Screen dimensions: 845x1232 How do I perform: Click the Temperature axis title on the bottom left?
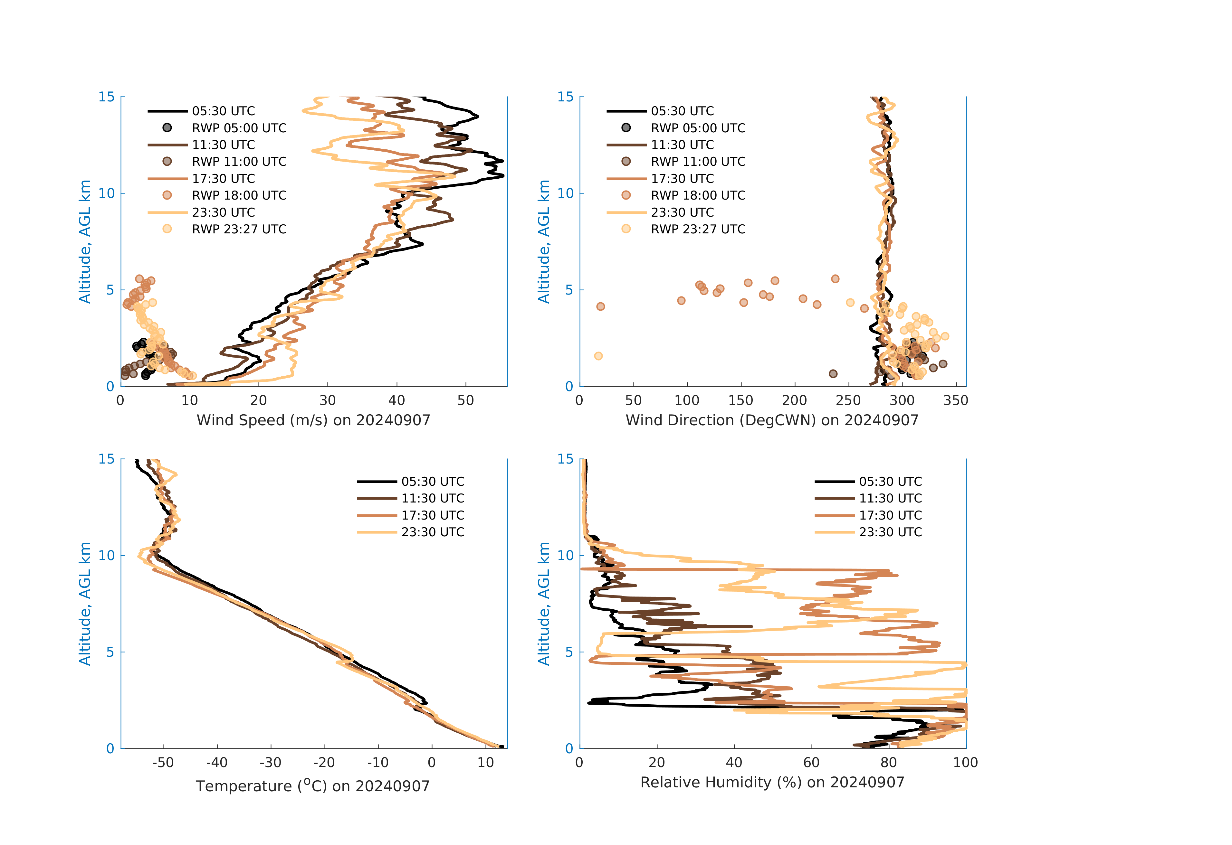(x=313, y=786)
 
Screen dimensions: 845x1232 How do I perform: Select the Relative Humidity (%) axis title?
(x=772, y=783)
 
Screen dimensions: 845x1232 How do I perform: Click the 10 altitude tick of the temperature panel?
(x=107, y=556)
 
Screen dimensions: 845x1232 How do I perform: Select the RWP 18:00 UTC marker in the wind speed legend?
(x=167, y=195)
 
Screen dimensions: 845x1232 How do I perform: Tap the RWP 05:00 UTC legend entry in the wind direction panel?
(x=698, y=128)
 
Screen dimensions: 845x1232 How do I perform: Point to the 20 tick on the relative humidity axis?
(x=656, y=763)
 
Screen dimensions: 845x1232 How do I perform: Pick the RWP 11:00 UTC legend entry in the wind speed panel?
(x=239, y=162)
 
